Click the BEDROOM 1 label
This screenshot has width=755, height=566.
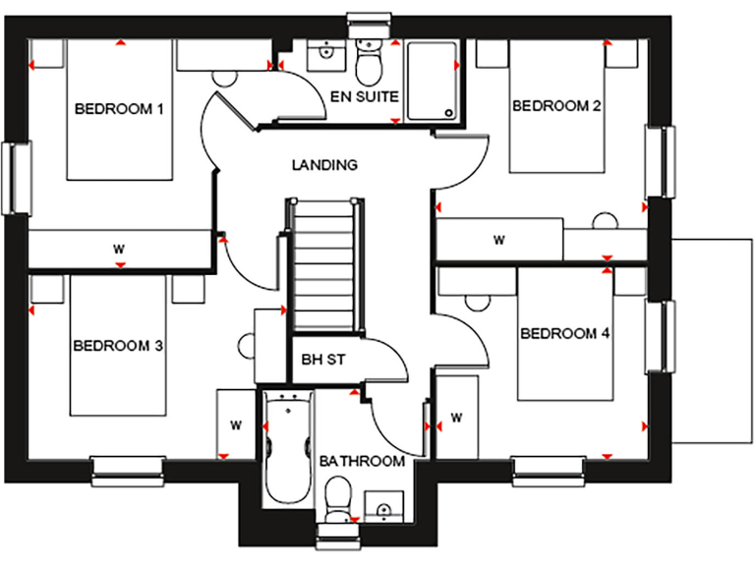119,108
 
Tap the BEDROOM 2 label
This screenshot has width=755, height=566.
555,106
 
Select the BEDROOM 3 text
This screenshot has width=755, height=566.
117,346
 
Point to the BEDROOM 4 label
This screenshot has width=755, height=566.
564,334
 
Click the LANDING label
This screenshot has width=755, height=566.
323,165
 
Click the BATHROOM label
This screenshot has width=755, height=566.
363,461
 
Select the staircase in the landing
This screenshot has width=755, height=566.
322,266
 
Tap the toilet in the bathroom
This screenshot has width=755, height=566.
337,496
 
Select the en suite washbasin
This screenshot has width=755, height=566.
321,54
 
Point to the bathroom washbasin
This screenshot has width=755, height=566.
383,507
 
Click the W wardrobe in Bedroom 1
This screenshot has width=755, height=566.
119,249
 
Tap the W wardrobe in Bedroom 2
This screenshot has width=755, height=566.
499,239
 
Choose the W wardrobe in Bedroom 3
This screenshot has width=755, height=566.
236,424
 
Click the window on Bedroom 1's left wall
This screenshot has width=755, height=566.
17,178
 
